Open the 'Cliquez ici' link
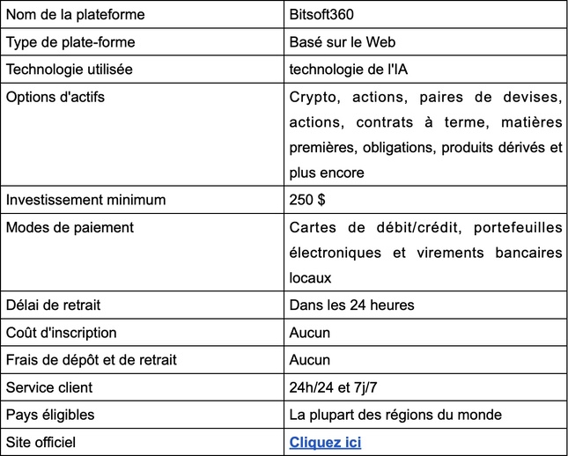325,442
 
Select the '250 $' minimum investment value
307,200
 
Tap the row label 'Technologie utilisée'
68,69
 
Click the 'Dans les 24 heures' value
351,305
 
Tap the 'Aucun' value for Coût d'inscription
309,333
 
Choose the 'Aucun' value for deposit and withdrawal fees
309,360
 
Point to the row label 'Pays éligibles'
50,415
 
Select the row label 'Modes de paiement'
70,227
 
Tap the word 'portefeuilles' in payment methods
518,228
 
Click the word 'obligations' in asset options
394,147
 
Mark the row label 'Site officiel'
41,442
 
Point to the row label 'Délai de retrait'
53,305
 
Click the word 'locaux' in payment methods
310,277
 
